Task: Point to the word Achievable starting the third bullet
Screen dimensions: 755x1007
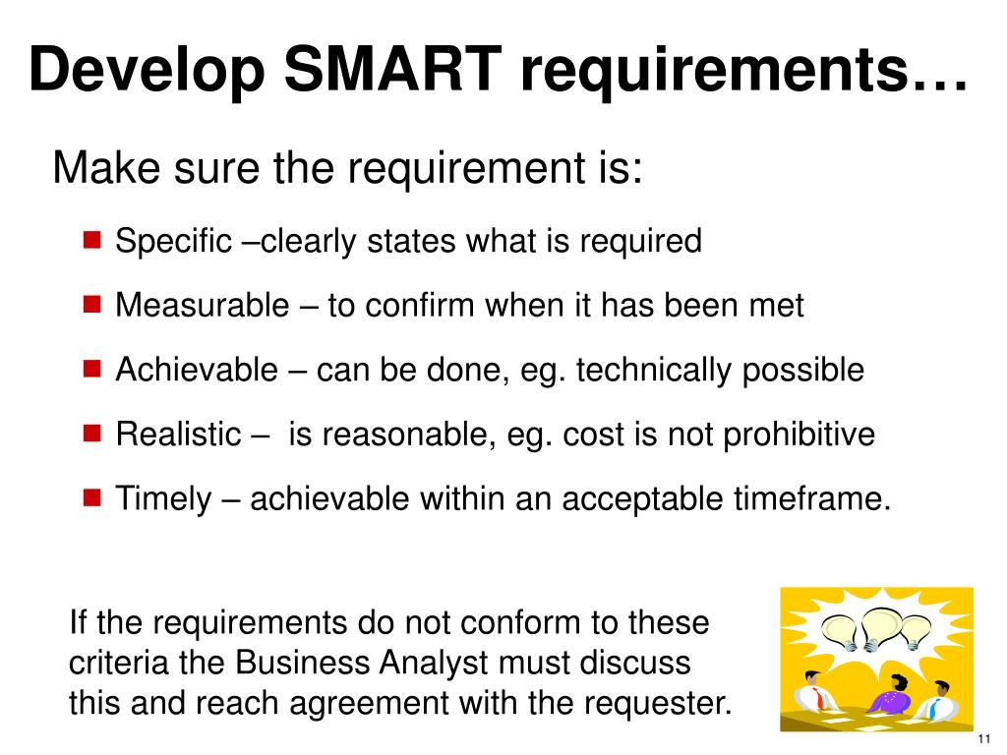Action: (197, 370)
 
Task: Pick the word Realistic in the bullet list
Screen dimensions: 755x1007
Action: (178, 434)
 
